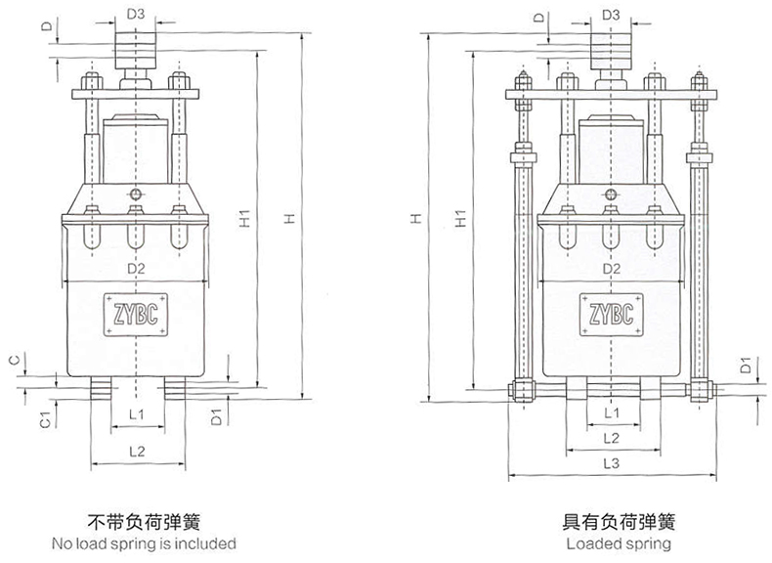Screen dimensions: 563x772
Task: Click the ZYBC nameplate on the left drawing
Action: point(137,313)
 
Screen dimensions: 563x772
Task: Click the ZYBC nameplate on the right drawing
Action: point(612,313)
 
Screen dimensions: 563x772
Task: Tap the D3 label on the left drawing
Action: point(137,15)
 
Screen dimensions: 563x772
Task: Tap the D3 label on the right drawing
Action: point(612,15)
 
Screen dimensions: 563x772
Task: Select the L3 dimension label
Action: point(612,462)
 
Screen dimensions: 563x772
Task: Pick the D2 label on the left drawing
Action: point(137,268)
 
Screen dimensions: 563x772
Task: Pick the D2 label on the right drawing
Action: point(612,268)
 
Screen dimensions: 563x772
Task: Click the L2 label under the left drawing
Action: point(137,451)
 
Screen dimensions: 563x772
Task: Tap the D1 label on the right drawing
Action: point(745,368)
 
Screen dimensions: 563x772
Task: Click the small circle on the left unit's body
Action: point(137,193)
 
